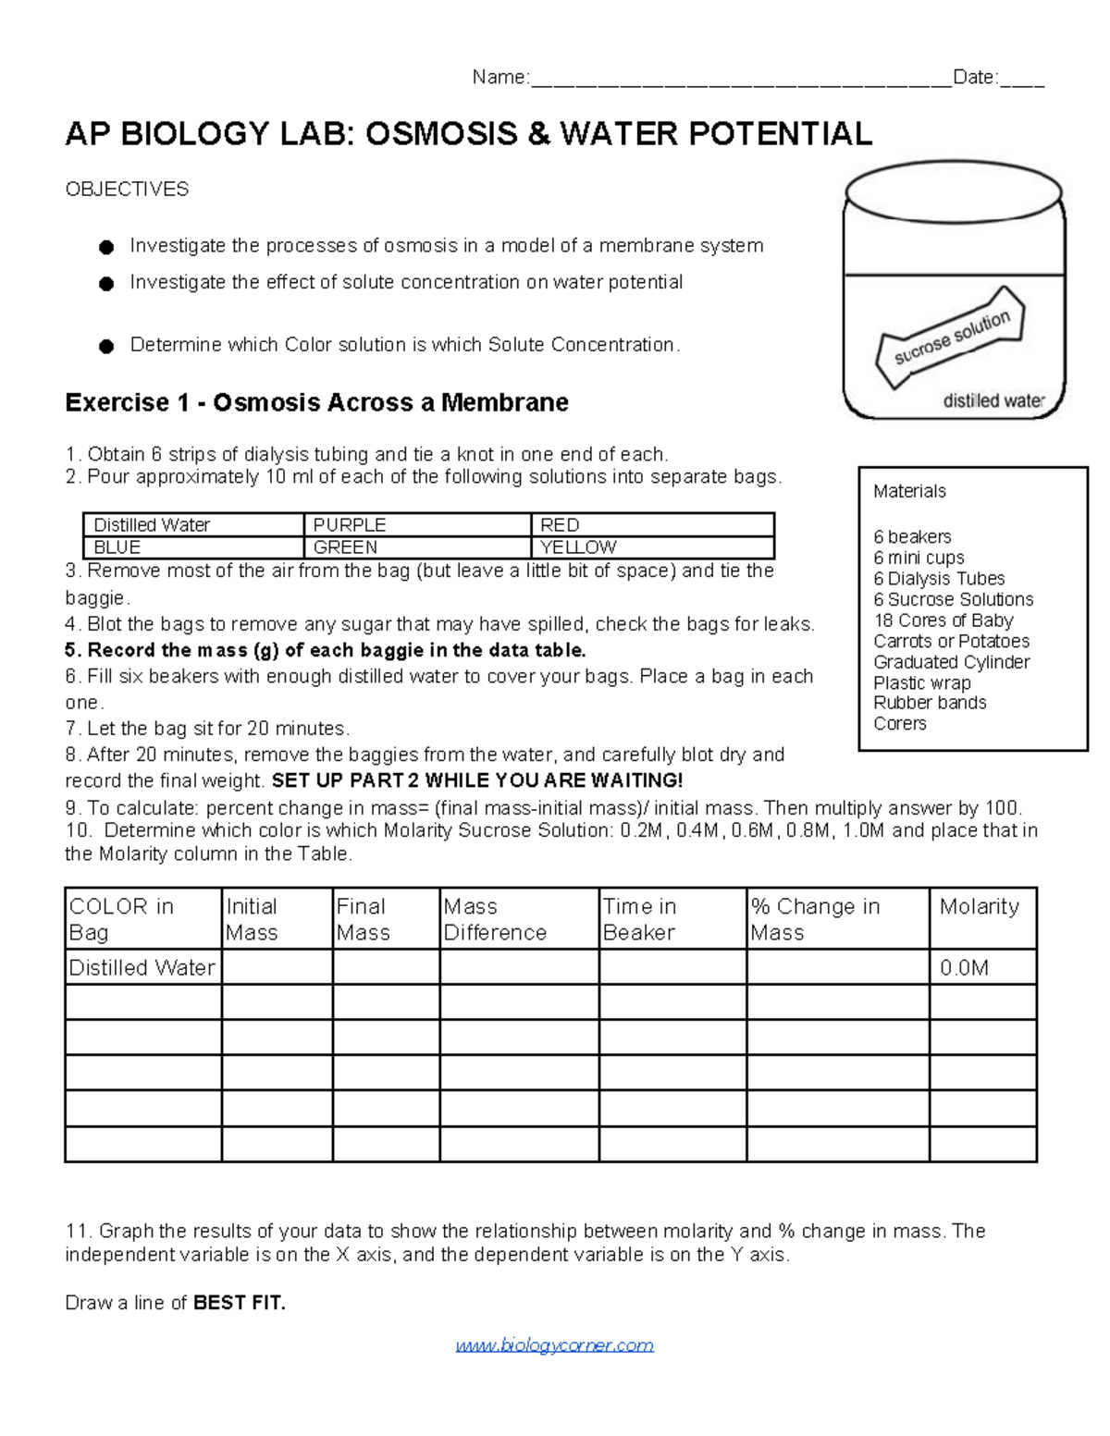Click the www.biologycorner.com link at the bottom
coord(554,1345)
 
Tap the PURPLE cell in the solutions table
coord(416,524)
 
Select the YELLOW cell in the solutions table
coord(651,547)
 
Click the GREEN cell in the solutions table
coord(416,547)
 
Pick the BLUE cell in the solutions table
coord(192,547)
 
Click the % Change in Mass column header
coord(836,919)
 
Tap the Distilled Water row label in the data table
coord(142,968)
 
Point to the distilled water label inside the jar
coord(993,401)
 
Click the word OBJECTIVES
coord(127,190)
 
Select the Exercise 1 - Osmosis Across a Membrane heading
coord(316,403)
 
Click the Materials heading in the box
coord(909,492)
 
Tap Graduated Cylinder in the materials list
coord(951,662)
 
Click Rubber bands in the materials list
coord(930,703)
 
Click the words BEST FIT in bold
coord(240,1304)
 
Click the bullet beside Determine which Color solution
coord(106,347)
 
